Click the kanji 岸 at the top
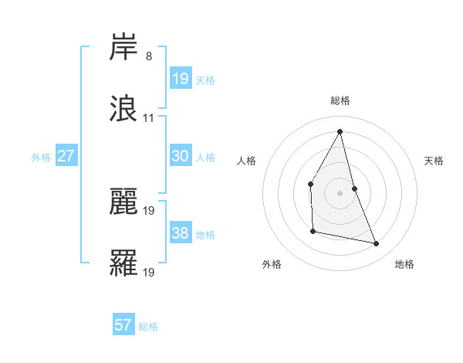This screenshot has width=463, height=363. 124,49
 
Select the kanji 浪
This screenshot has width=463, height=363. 124,109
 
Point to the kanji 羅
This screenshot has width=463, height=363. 124,263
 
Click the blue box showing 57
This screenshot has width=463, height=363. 123,325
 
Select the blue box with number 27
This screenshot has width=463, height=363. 66,156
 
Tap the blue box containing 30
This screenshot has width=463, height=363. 180,156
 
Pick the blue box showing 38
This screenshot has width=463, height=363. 180,233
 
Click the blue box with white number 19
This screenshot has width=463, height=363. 180,79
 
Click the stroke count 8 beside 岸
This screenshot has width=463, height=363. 149,56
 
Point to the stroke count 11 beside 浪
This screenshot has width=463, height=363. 149,118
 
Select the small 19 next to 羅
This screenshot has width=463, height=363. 149,272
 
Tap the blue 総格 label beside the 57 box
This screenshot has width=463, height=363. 148,327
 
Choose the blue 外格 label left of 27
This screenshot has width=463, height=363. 41,158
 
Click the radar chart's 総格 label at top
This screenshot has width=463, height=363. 340,100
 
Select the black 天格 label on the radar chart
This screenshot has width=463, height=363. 434,161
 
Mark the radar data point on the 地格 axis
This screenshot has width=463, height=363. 377,244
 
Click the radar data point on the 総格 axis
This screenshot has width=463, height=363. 340,131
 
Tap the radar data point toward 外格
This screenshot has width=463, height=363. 313,231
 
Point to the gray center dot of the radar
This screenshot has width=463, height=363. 340,192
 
